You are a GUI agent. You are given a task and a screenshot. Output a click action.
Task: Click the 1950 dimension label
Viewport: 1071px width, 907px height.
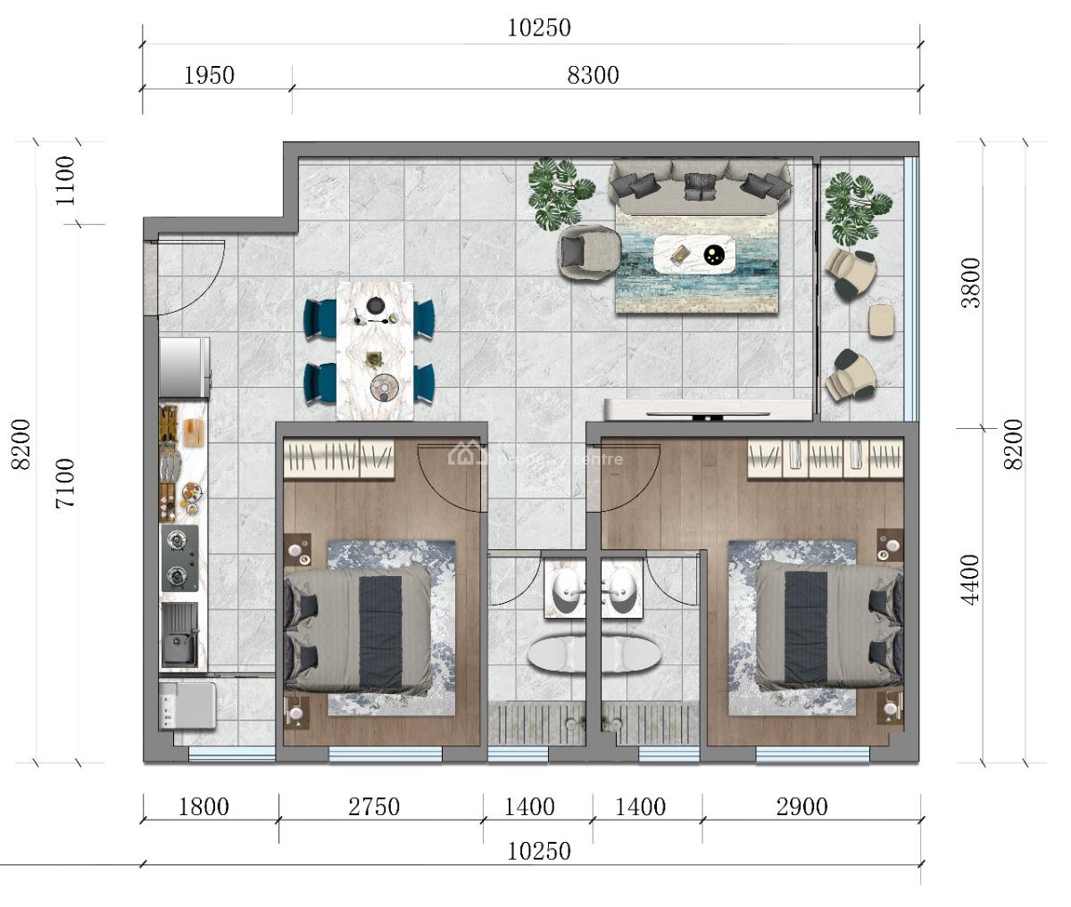(x=209, y=75)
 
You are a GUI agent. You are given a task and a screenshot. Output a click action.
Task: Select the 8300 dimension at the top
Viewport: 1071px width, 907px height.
(x=593, y=75)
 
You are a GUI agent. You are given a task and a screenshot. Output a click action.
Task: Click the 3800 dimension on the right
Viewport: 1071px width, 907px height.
(x=970, y=283)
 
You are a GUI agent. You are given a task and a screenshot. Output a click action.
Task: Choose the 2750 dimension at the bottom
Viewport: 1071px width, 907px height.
(x=374, y=807)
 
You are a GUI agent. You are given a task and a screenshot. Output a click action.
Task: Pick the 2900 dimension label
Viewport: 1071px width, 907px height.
(x=801, y=807)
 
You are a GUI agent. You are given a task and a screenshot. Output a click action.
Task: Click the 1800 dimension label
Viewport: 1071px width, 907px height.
(x=203, y=807)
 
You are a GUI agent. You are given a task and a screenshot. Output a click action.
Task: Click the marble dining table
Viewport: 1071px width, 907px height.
(x=375, y=350)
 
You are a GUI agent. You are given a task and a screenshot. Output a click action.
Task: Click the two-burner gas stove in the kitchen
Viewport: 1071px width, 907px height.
(x=179, y=558)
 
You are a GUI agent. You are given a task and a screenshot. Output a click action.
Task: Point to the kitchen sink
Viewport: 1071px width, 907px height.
(x=179, y=635)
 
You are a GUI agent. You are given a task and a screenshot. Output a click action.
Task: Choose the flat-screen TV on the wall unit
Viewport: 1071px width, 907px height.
(x=709, y=414)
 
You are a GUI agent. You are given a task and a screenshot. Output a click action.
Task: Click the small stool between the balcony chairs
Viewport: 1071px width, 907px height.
(x=881, y=320)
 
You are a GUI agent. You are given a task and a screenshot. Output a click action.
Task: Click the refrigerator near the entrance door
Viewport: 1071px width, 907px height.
(x=184, y=367)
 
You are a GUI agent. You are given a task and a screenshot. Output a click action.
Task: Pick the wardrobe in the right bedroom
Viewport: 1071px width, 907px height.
(x=826, y=458)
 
